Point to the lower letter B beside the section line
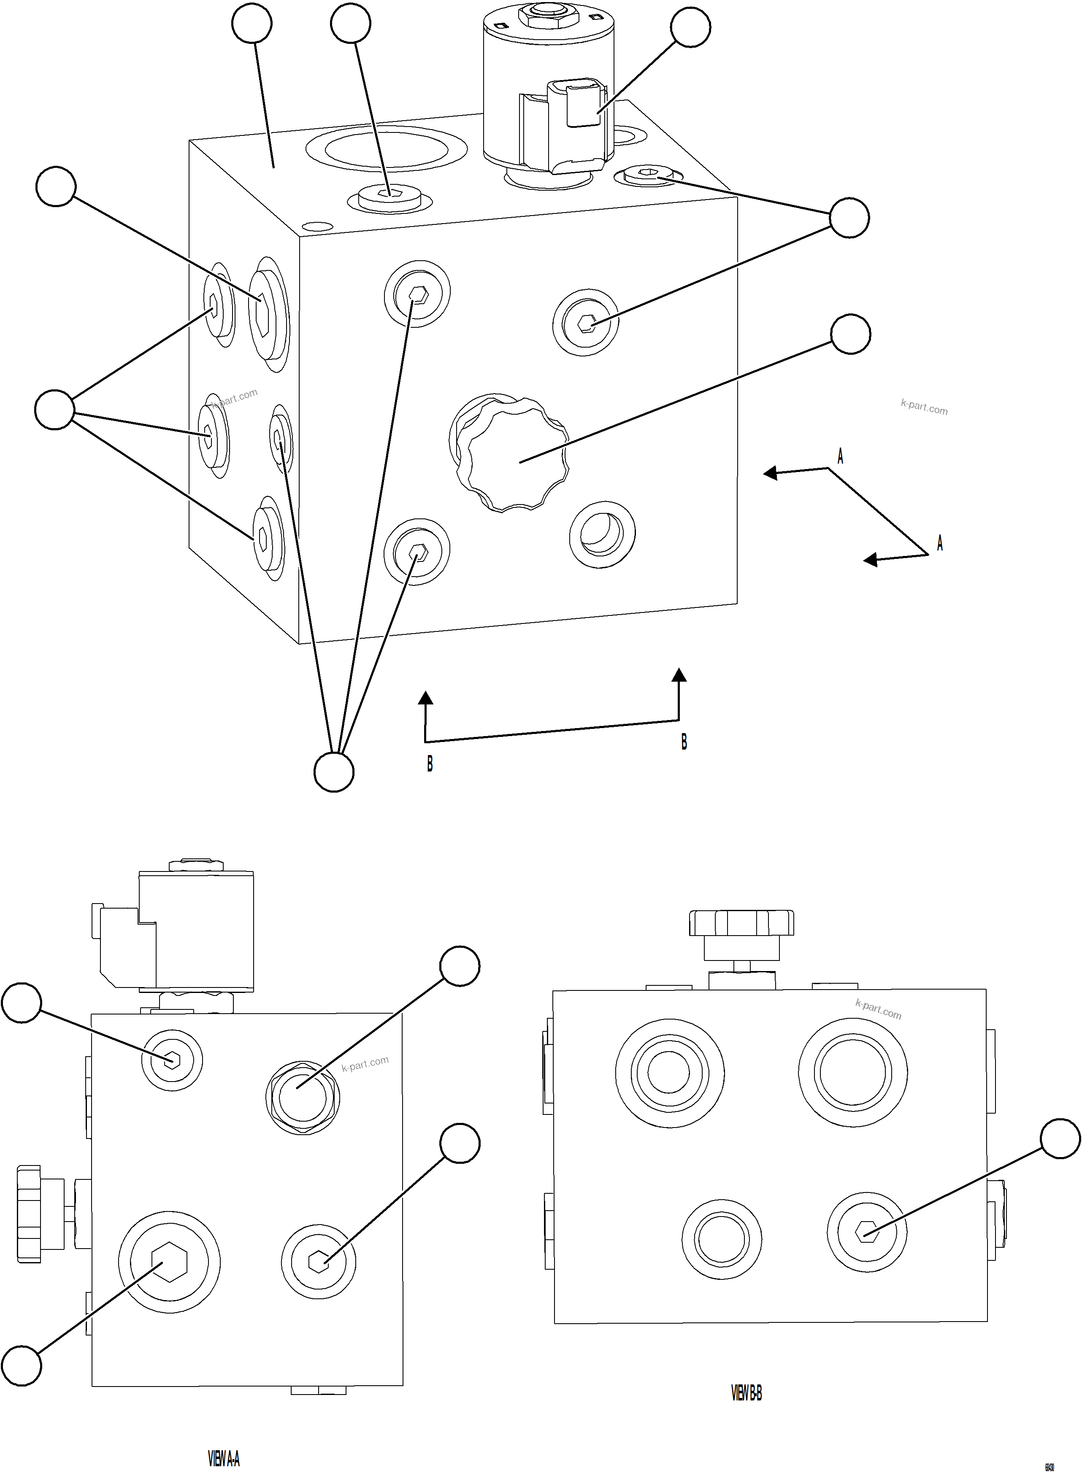pyautogui.click(x=430, y=764)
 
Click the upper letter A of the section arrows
pyautogui.click(x=840, y=456)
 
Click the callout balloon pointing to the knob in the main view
pyautogui.click(x=850, y=334)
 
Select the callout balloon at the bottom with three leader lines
pyautogui.click(x=334, y=772)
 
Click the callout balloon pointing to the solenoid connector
pyautogui.click(x=690, y=27)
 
